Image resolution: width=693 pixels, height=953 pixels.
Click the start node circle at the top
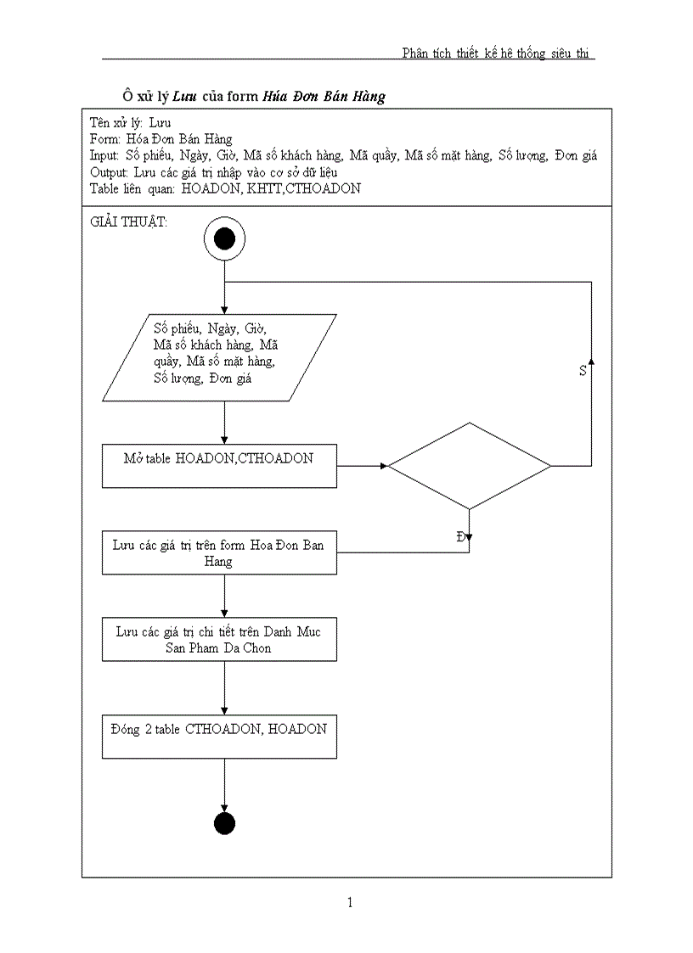pos(224,240)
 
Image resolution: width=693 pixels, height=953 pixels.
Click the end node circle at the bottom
pos(224,823)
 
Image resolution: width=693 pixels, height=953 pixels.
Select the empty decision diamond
pos(470,466)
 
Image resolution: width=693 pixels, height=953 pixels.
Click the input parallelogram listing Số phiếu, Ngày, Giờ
pos(219,357)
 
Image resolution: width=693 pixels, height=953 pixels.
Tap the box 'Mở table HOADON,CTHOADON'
pos(219,465)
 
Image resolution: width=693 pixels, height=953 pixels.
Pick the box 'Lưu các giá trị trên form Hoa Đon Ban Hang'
pos(219,552)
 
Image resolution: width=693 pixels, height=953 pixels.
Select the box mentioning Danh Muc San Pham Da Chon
pos(219,639)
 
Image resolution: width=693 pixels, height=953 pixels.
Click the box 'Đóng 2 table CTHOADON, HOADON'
pos(219,736)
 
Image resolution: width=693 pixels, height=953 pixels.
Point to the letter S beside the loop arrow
pos(583,371)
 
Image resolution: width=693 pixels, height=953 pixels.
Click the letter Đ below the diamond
pos(460,536)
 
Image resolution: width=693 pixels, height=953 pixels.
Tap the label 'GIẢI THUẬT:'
pos(128,221)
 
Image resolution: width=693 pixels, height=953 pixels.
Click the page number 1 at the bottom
pos(349,902)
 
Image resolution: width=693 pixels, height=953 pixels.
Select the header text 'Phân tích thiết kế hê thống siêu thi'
pos(497,53)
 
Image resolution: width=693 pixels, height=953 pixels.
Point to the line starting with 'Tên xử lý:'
pos(130,123)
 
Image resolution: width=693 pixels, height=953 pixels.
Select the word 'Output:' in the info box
pos(109,172)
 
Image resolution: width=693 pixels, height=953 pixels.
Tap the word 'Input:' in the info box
pos(104,155)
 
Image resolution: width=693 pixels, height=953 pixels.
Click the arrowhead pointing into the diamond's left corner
pos(384,466)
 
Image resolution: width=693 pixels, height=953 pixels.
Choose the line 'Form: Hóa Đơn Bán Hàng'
pos(161,139)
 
